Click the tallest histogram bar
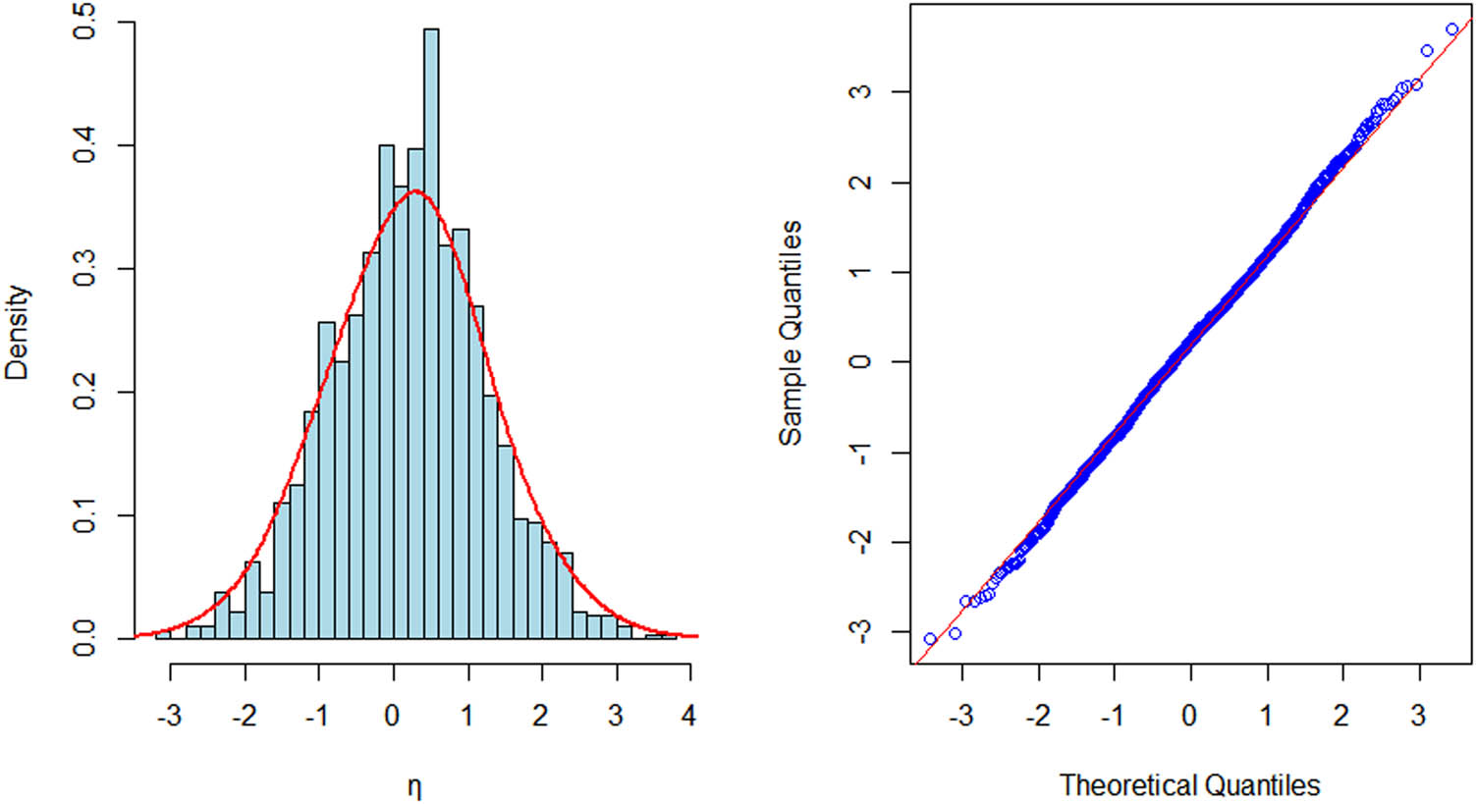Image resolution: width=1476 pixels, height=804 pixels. coord(430,334)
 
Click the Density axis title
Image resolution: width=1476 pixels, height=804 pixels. coord(18,332)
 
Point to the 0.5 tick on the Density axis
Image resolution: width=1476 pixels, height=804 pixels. coord(86,23)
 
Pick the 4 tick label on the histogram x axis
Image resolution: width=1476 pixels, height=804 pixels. coord(689,715)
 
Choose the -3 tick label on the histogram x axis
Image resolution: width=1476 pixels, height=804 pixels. coord(169,715)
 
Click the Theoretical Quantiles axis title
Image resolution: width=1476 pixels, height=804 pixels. coord(1189,785)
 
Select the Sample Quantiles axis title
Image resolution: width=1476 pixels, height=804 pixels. coord(791,332)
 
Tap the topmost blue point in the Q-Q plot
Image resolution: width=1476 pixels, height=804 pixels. coord(1452,29)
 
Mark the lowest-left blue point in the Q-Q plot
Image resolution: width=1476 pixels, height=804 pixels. coord(930,639)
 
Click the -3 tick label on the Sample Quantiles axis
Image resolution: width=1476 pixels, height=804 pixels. coord(861,631)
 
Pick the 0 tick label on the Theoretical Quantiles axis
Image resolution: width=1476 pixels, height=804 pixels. coord(1189,715)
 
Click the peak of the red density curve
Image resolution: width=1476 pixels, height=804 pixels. coord(415,190)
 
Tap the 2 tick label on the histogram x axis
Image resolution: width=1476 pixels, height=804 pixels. coord(541,715)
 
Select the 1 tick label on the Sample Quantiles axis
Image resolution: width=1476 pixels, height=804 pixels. coord(861,272)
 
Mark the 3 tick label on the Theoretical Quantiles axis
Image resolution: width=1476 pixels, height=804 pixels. coord(1418,715)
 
